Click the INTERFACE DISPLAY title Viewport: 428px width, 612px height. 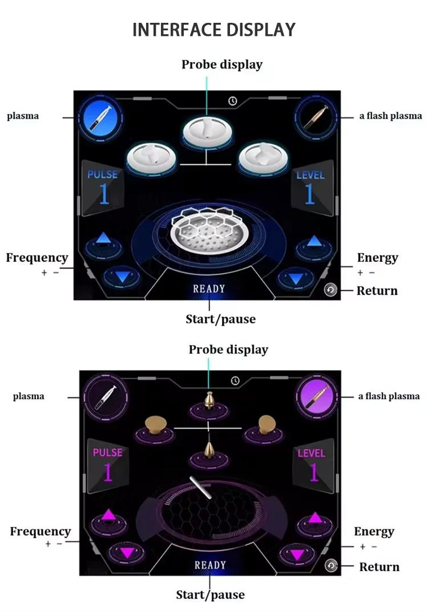(214, 30)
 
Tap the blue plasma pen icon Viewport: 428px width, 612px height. (99, 117)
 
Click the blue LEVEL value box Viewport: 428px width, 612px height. (310, 188)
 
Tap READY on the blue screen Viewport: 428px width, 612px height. (209, 289)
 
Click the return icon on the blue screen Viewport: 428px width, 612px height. (330, 290)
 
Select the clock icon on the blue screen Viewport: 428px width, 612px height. (233, 101)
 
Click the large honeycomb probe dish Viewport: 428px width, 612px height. (208, 228)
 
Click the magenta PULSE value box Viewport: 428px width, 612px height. (108, 465)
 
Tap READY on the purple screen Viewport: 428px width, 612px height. (210, 565)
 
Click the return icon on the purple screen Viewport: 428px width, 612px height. (331, 565)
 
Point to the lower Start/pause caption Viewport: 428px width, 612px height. (210, 595)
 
